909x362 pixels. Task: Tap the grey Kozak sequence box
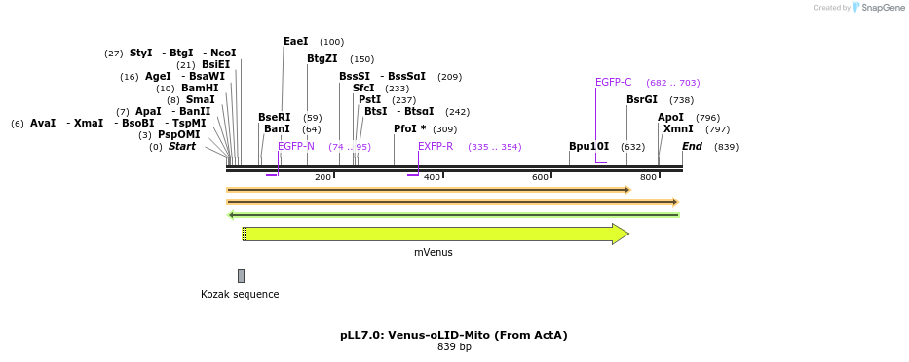(x=241, y=275)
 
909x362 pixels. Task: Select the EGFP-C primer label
(x=613, y=83)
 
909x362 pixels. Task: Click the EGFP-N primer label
(x=295, y=147)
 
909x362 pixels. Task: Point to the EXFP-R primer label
(x=436, y=147)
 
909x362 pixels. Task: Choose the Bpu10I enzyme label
(x=588, y=147)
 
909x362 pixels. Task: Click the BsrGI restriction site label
(x=641, y=100)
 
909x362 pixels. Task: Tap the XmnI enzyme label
(x=678, y=129)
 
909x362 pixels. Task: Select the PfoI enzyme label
(x=409, y=129)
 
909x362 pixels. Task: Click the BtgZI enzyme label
(x=322, y=59)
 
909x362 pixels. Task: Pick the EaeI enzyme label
(x=295, y=42)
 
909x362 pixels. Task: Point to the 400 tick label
(x=432, y=177)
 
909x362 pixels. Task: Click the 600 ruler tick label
(x=540, y=177)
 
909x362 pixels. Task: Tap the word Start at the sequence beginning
(x=181, y=147)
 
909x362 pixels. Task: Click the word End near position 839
(x=692, y=147)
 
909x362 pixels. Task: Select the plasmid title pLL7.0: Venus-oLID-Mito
(x=453, y=335)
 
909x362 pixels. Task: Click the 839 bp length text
(x=454, y=346)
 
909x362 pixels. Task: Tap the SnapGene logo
(x=876, y=8)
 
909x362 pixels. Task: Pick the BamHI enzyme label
(x=200, y=89)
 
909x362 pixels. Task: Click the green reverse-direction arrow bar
(x=453, y=214)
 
